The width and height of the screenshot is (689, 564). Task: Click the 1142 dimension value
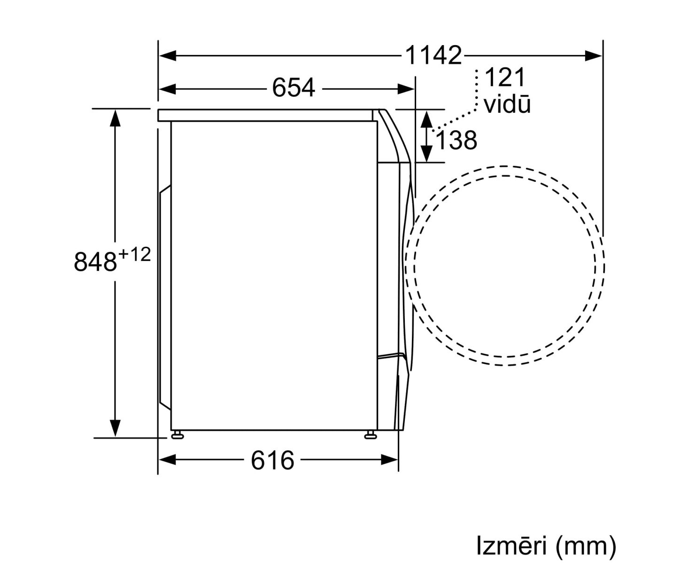click(x=433, y=55)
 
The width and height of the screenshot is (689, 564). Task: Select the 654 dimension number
click(x=294, y=87)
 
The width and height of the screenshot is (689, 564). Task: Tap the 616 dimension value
click(x=272, y=460)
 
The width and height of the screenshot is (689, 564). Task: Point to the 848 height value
click(x=95, y=262)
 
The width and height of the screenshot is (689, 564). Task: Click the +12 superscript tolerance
click(x=135, y=254)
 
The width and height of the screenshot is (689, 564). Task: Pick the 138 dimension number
click(x=456, y=140)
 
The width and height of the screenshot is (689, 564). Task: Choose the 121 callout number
click(x=505, y=77)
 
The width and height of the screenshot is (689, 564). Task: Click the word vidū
click(x=507, y=104)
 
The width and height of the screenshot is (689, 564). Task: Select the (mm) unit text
click(x=586, y=546)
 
